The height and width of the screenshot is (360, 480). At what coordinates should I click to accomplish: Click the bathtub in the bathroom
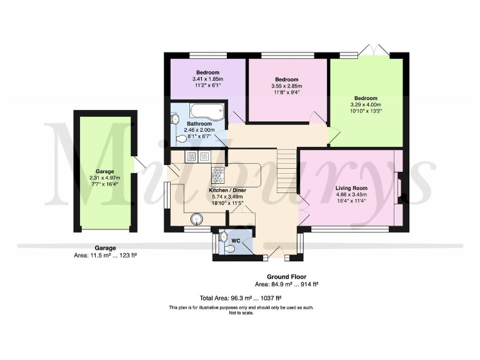tap(202, 113)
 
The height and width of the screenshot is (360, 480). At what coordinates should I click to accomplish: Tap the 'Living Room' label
tap(351, 187)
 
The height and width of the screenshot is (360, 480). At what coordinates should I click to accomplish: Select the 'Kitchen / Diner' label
tap(226, 189)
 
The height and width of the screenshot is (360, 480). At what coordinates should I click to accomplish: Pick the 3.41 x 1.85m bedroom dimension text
tap(207, 79)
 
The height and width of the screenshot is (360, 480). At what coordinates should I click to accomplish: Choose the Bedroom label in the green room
tap(366, 98)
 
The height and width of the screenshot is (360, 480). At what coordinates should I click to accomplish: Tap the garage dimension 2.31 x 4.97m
tap(104, 177)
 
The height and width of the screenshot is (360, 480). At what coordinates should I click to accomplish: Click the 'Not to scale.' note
tap(241, 312)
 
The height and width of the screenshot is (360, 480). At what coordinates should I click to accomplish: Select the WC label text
tap(236, 239)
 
